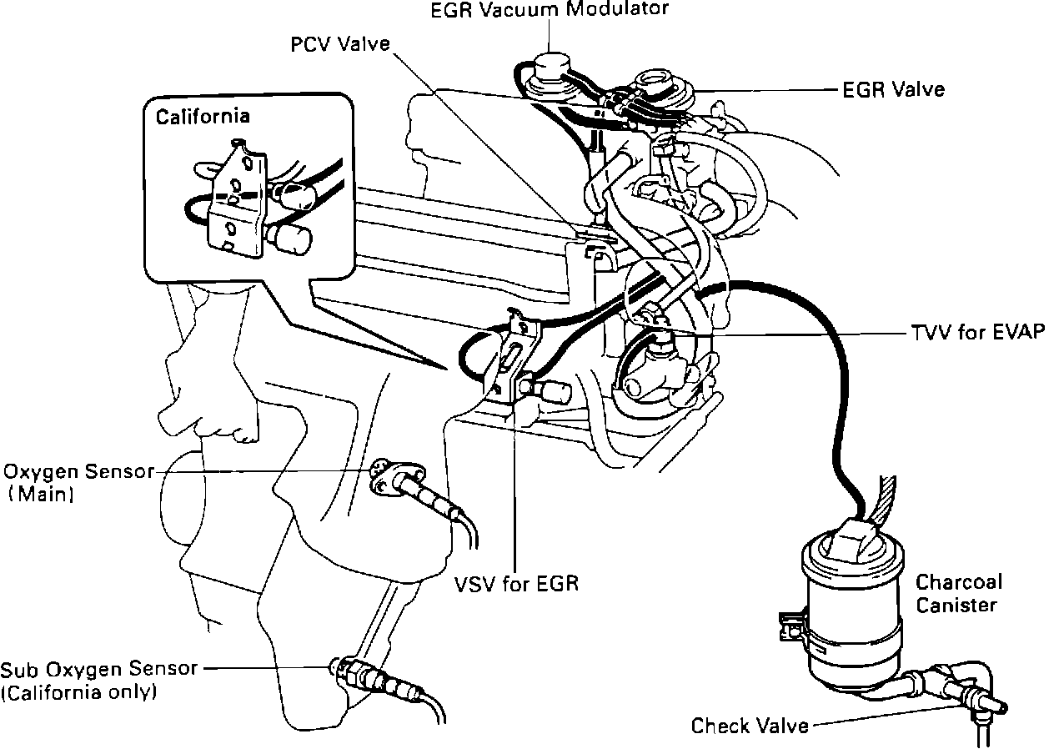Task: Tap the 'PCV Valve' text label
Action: coord(340,43)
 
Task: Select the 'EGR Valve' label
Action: coord(892,88)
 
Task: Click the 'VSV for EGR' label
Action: coord(517,583)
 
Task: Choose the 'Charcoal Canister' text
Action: coord(958,593)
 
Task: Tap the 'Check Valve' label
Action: coord(750,726)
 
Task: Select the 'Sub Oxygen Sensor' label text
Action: coord(99,668)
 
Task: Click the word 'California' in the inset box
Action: coord(203,116)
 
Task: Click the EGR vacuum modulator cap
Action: coord(551,67)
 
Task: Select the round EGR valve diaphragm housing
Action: coord(655,84)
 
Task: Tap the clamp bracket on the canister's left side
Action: coord(791,626)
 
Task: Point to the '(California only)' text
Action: coord(79,692)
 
